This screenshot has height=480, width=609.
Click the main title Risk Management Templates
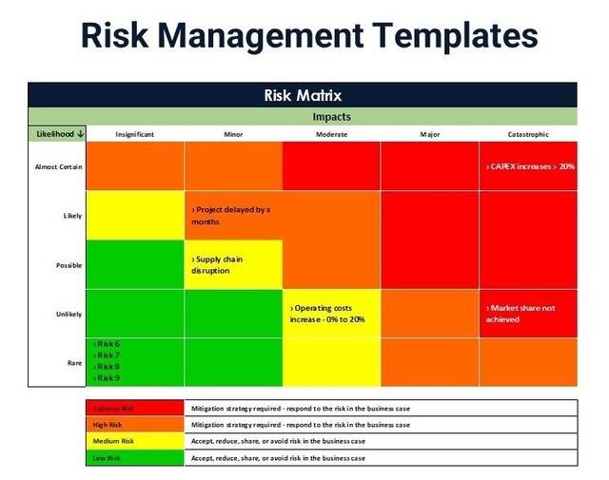pos(309,35)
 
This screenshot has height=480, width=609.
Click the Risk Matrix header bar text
pos(303,95)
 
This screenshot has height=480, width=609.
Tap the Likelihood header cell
pos(56,134)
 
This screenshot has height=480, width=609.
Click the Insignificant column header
pos(134,134)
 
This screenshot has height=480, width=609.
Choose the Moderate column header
pos(331,134)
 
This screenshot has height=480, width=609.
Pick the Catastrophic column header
pos(527,134)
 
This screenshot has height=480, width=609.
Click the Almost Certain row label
pos(57,166)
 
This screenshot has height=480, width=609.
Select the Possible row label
pos(69,265)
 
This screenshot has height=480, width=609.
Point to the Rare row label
pos(73,362)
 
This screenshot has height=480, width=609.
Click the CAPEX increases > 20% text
pos(530,166)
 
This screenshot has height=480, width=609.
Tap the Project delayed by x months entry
pos(230,215)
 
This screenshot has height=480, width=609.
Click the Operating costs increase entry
pos(327,314)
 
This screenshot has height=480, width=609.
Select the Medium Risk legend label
pos(113,441)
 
